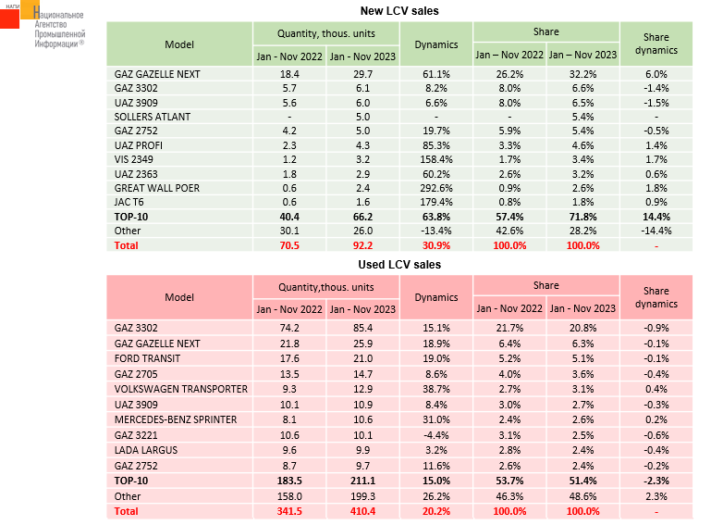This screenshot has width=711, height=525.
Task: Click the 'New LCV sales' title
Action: point(398,10)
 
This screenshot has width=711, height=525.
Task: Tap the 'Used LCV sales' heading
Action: point(398,265)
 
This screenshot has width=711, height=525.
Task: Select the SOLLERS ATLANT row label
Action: point(153,117)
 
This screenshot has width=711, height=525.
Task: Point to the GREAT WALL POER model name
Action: point(157,188)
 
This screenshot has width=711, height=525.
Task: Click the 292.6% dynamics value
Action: point(435,188)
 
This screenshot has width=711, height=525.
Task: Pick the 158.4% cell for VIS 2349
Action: point(435,159)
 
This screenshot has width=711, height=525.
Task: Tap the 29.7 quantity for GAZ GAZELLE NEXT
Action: point(362,73)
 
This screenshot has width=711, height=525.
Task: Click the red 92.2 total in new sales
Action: point(362,245)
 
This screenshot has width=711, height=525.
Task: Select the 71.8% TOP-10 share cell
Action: point(582,217)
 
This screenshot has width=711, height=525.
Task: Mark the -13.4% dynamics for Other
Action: point(435,231)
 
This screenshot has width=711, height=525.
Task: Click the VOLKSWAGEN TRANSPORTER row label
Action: point(180,390)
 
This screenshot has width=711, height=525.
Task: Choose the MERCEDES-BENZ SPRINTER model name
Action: point(177,419)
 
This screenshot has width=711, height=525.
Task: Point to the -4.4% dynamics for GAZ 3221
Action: point(435,433)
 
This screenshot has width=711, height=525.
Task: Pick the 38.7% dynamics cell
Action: point(435,390)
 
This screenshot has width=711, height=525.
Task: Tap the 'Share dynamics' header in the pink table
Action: point(660,297)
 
